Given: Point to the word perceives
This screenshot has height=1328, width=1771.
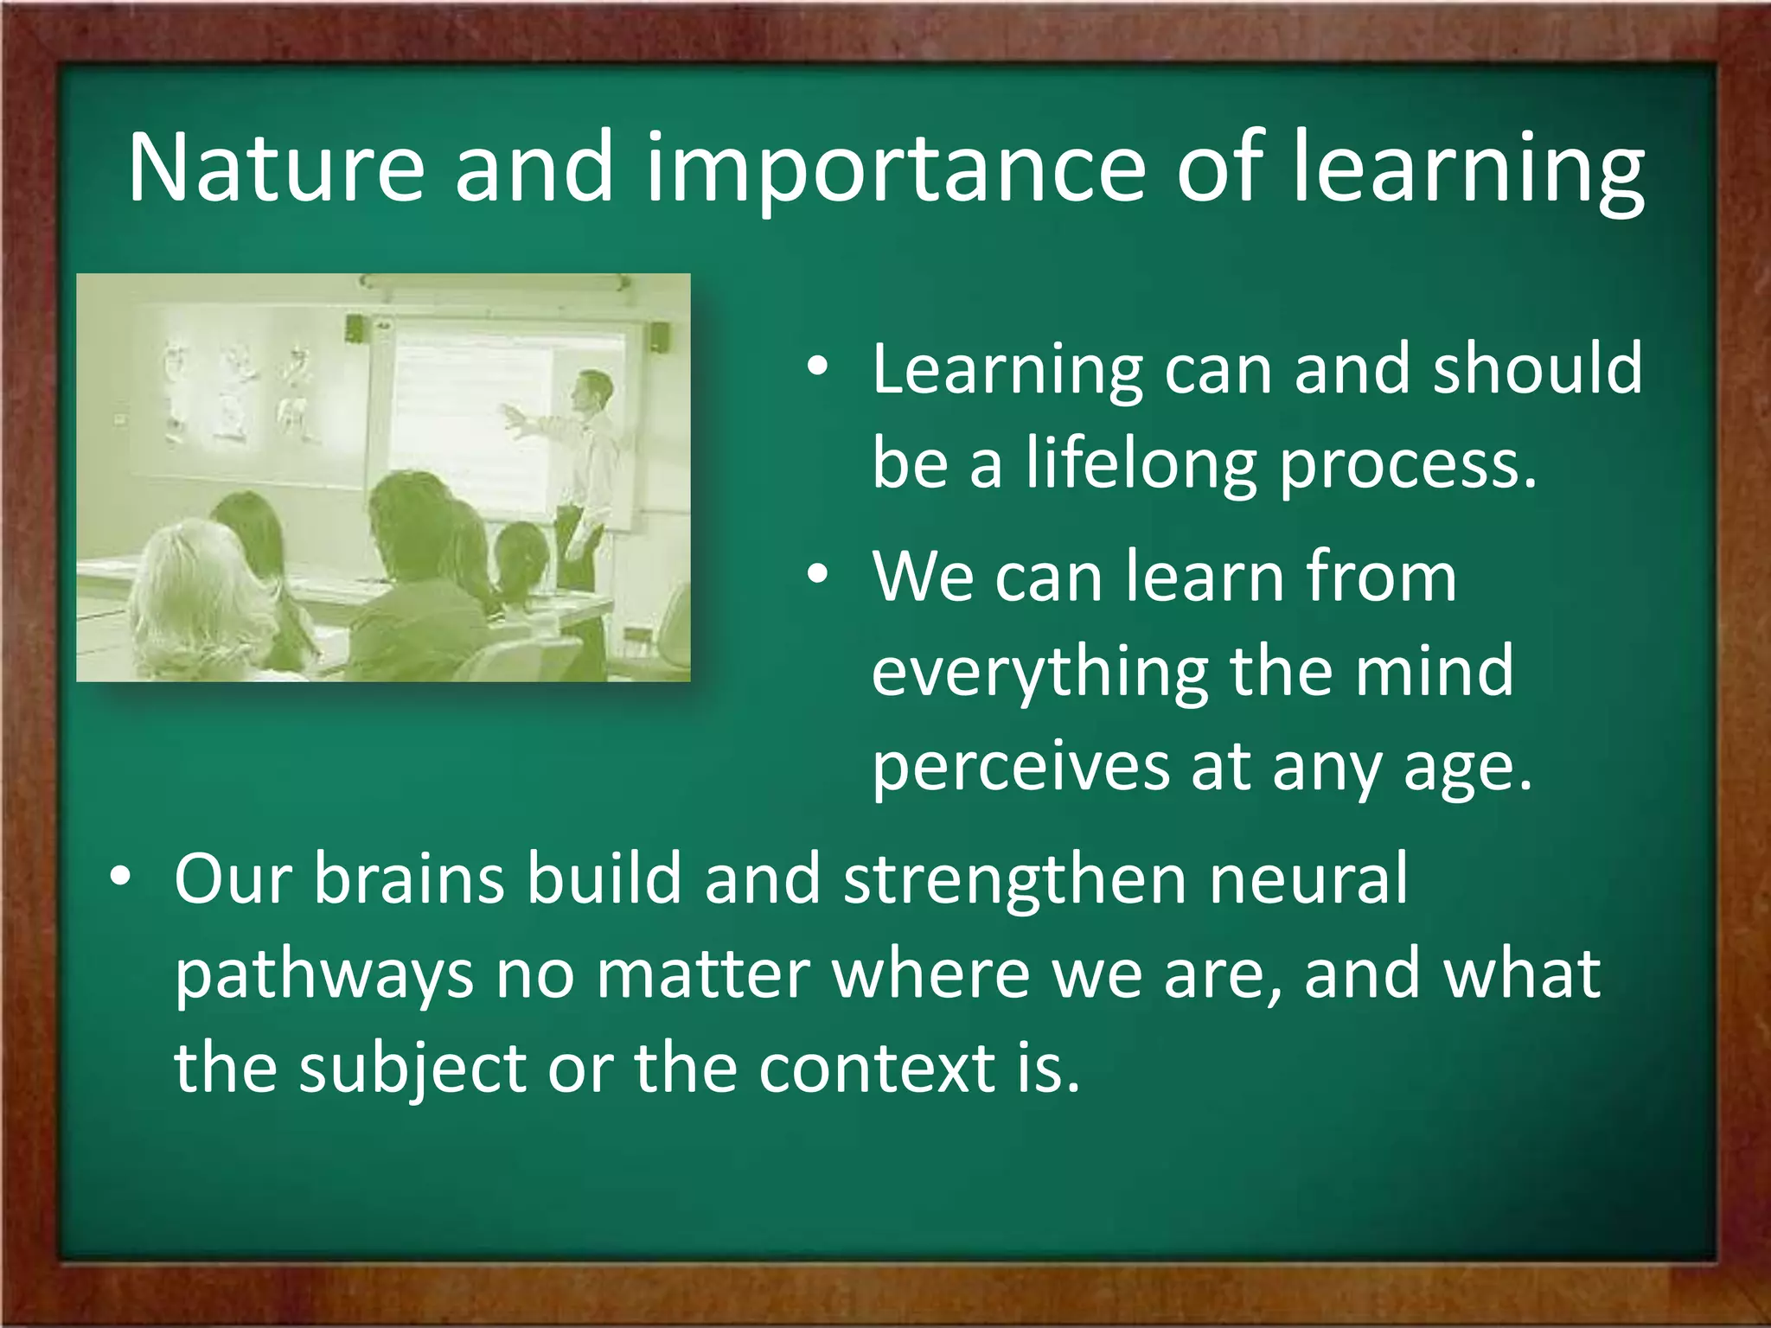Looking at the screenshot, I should tap(1020, 767).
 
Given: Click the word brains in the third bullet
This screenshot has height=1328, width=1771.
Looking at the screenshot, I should tap(408, 879).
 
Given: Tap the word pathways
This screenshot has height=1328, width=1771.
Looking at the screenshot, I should tap(324, 975).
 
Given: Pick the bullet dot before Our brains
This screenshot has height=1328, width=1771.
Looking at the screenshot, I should tap(120, 878).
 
